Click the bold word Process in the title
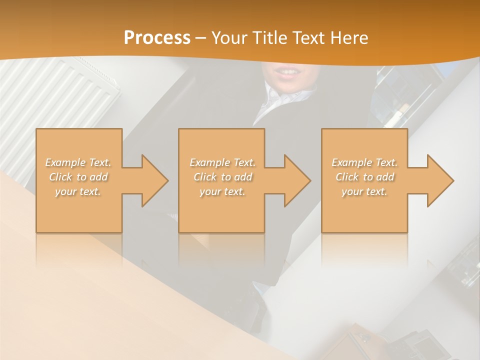click(x=157, y=38)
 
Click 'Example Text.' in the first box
click(x=78, y=162)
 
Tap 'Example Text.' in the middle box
click(x=222, y=162)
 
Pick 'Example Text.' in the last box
click(x=364, y=162)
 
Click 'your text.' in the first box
click(x=78, y=191)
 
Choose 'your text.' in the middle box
click(x=222, y=191)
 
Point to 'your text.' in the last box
click(x=364, y=191)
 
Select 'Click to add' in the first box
click(x=78, y=177)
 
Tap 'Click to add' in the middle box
click(x=222, y=177)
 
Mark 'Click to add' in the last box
click(x=364, y=177)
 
